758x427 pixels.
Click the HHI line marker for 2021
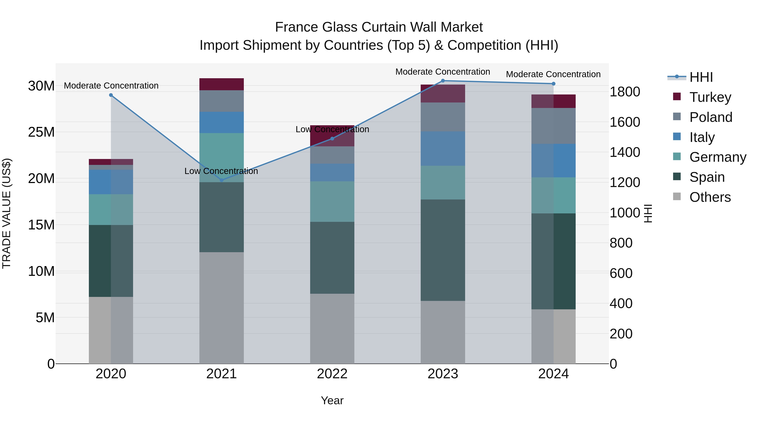(x=222, y=180)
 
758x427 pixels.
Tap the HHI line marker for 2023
(x=443, y=81)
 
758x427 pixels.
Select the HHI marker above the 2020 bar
(x=111, y=95)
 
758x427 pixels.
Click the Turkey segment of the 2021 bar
(x=222, y=84)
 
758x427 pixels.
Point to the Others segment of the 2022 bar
(x=332, y=329)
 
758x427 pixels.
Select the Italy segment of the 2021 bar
(x=222, y=122)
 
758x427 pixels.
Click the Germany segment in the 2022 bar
(x=332, y=202)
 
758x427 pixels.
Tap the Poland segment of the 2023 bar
(x=443, y=117)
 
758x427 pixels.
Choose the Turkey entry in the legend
(x=710, y=97)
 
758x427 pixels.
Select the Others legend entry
(x=710, y=197)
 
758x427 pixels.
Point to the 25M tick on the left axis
(x=41, y=132)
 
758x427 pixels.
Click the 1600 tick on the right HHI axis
(x=625, y=122)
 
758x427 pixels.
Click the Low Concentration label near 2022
(x=332, y=129)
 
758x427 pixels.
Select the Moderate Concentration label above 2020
(x=111, y=86)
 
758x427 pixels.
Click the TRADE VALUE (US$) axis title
(x=7, y=213)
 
